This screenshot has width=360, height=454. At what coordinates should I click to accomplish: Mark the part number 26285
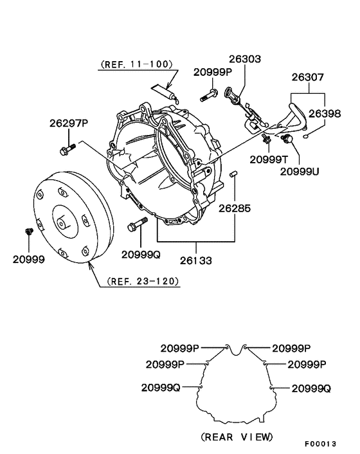click(234, 208)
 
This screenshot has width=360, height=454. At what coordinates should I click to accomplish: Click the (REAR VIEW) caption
click(237, 437)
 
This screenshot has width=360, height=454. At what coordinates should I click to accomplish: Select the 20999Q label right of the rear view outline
click(311, 388)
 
